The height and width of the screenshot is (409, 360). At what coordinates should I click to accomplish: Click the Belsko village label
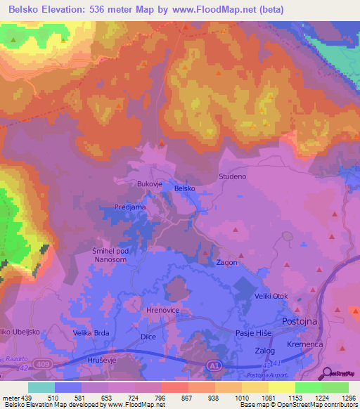pos(184,188)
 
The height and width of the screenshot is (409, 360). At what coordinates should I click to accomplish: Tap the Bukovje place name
pos(150,185)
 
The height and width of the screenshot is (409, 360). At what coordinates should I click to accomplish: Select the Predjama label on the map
pos(131,207)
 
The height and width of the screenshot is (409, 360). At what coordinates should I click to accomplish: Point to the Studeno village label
pos(233,176)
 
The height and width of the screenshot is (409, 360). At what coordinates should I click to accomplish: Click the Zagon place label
pos(226,262)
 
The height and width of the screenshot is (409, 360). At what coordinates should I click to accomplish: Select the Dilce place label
pos(148,337)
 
